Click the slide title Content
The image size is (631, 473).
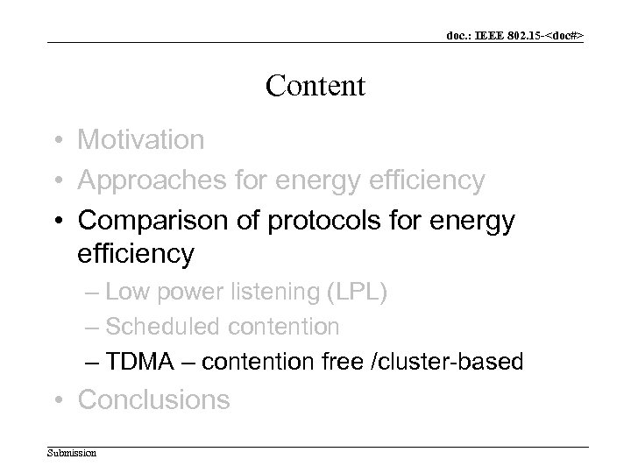point(315,86)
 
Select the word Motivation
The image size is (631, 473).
point(140,139)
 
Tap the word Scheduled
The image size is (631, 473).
point(163,328)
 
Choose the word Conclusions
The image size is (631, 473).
point(154,400)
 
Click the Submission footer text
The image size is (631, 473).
point(72,453)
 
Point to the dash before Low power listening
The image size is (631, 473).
point(93,293)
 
